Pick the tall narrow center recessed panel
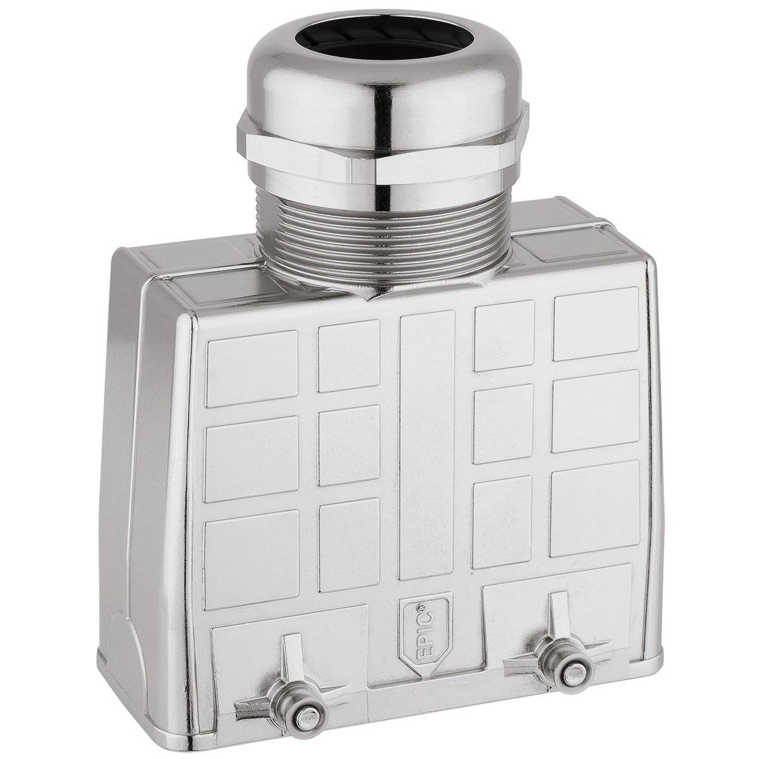click(427, 436)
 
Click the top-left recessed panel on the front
click(251, 369)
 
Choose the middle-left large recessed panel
click(251, 459)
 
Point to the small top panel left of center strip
click(349, 356)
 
